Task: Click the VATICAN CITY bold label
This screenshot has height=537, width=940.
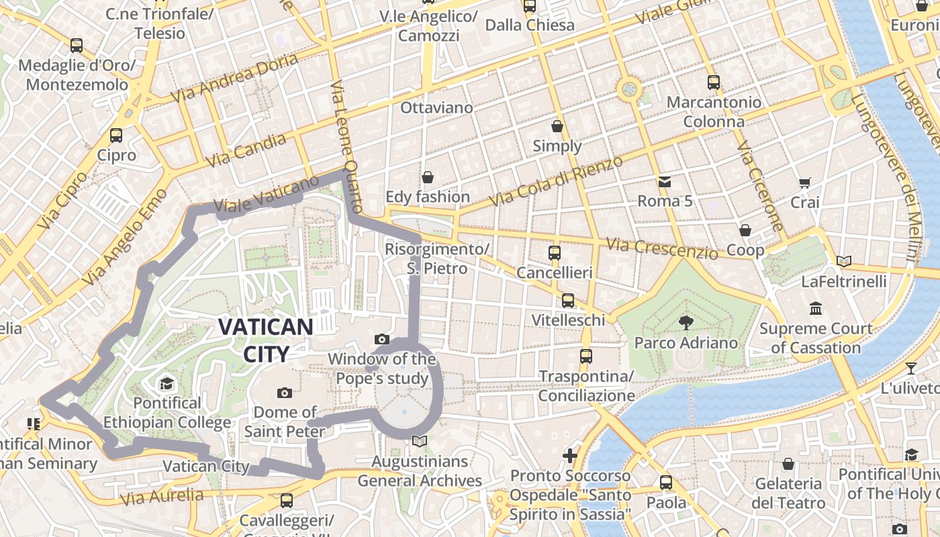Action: pyautogui.click(x=266, y=340)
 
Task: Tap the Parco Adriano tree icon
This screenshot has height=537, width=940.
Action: pyautogui.click(x=686, y=323)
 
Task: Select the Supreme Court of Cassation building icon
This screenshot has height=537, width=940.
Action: pyautogui.click(x=816, y=309)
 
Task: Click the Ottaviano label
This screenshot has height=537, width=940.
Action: pyautogui.click(x=436, y=107)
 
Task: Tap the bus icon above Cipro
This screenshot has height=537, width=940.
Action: pyautogui.click(x=116, y=136)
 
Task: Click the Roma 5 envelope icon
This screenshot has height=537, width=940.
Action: pyautogui.click(x=664, y=181)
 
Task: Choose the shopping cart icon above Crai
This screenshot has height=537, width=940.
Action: pyautogui.click(x=804, y=183)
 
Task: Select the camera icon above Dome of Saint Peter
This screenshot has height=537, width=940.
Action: pyautogui.click(x=284, y=393)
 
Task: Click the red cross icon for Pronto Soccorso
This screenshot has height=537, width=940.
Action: pyautogui.click(x=570, y=456)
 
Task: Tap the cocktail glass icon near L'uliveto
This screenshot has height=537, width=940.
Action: pyautogui.click(x=910, y=368)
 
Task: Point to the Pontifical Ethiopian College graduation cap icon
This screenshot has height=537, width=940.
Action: pyautogui.click(x=167, y=384)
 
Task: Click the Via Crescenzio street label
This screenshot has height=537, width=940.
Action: pyautogui.click(x=661, y=248)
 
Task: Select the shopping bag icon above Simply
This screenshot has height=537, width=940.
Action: pyautogui.click(x=557, y=126)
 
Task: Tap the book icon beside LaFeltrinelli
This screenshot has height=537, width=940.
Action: pyautogui.click(x=844, y=261)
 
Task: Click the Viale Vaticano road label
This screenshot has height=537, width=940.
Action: pyautogui.click(x=267, y=195)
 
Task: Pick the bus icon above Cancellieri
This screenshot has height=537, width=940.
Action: pyautogui.click(x=554, y=253)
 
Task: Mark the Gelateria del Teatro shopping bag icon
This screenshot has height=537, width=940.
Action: pyautogui.click(x=788, y=464)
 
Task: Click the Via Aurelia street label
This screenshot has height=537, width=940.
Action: pyautogui.click(x=161, y=497)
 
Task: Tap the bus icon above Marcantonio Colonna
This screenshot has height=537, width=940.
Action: pyautogui.click(x=713, y=83)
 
